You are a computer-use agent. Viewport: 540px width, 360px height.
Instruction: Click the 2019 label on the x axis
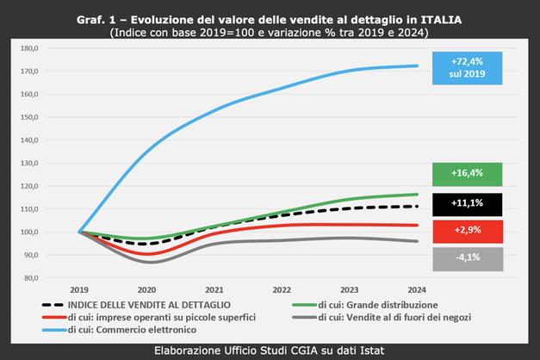(x=80, y=289)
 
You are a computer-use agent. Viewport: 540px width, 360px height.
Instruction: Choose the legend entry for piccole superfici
(x=180, y=316)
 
